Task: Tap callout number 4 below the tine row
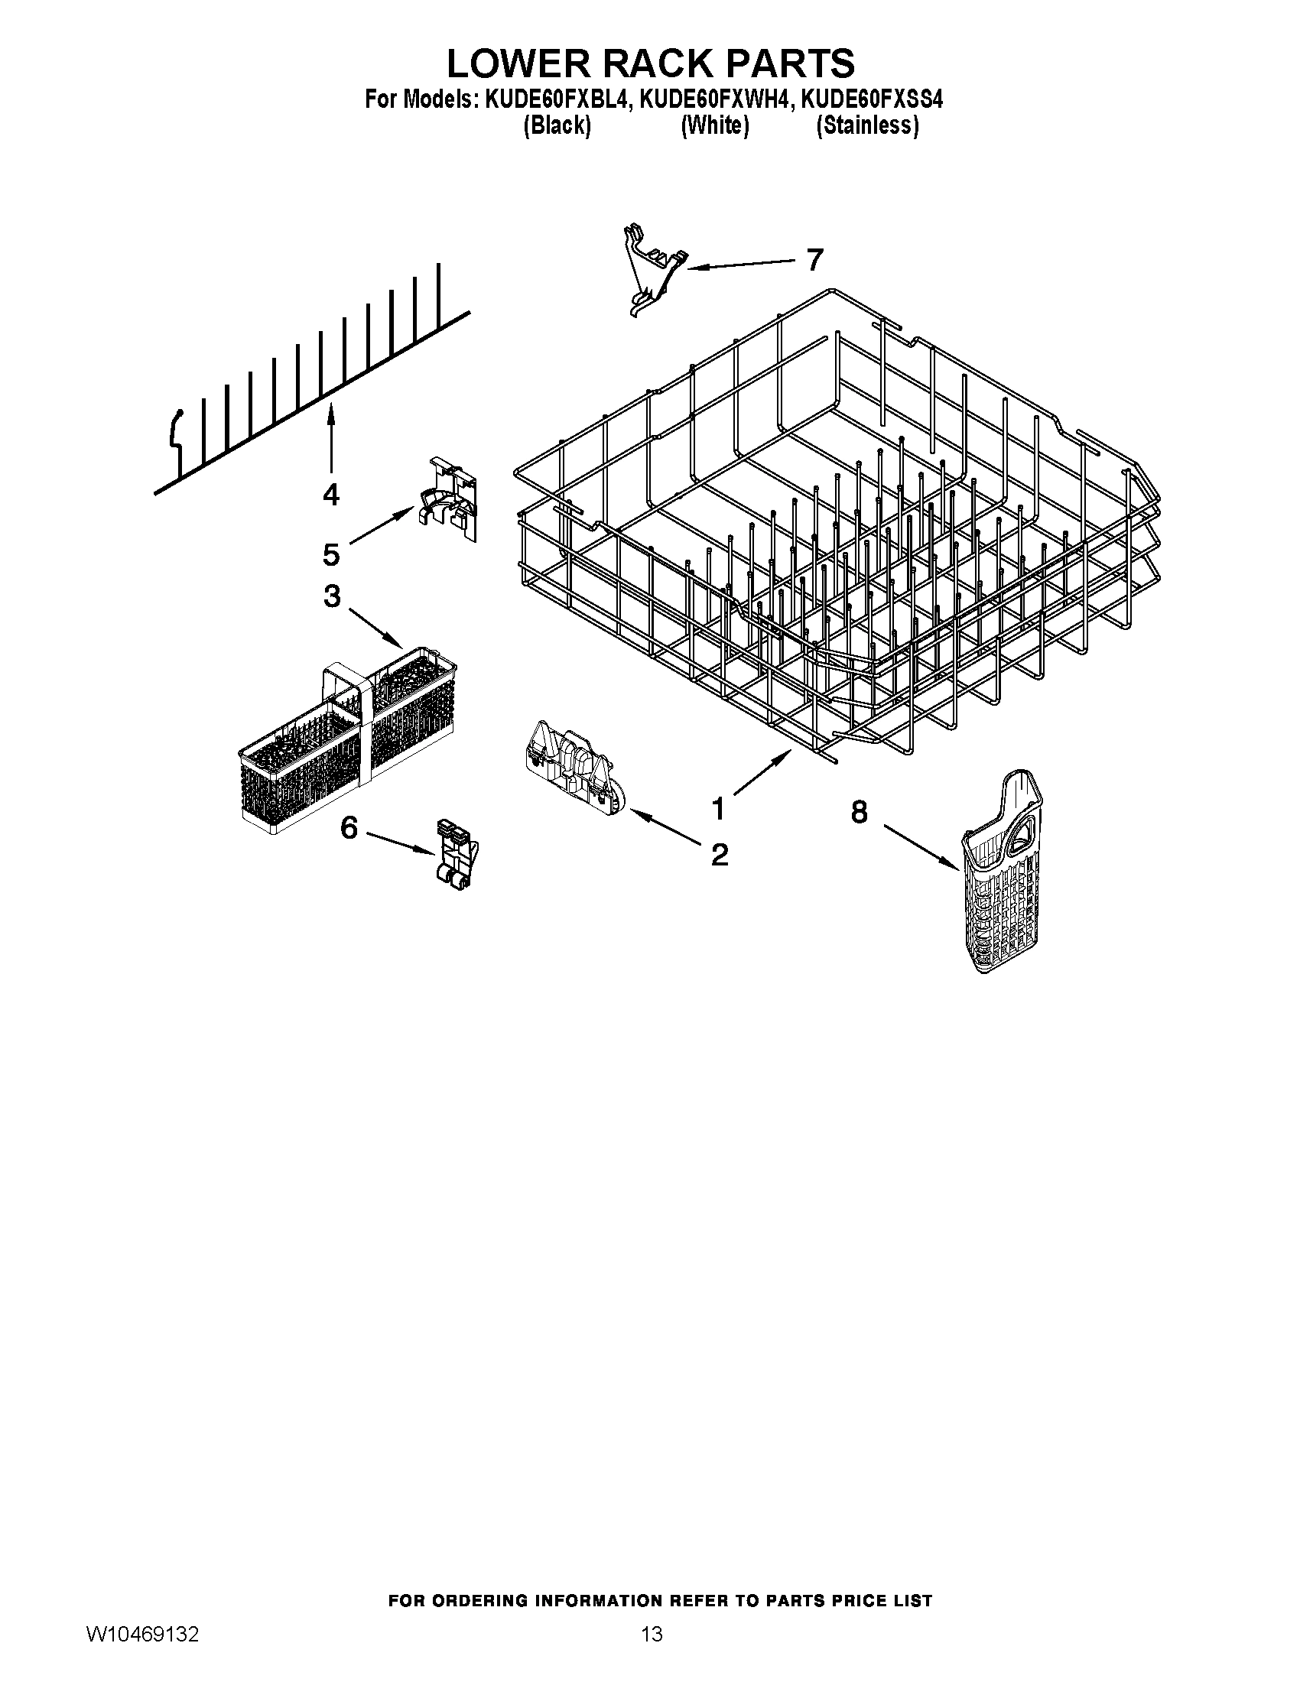[330, 494]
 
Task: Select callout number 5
[330, 554]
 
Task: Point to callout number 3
[332, 596]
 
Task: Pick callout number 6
[349, 828]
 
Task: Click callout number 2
[720, 854]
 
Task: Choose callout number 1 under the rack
[718, 810]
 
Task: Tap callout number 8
[860, 812]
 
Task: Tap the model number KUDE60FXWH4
[713, 101]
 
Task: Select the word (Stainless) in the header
[867, 125]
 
